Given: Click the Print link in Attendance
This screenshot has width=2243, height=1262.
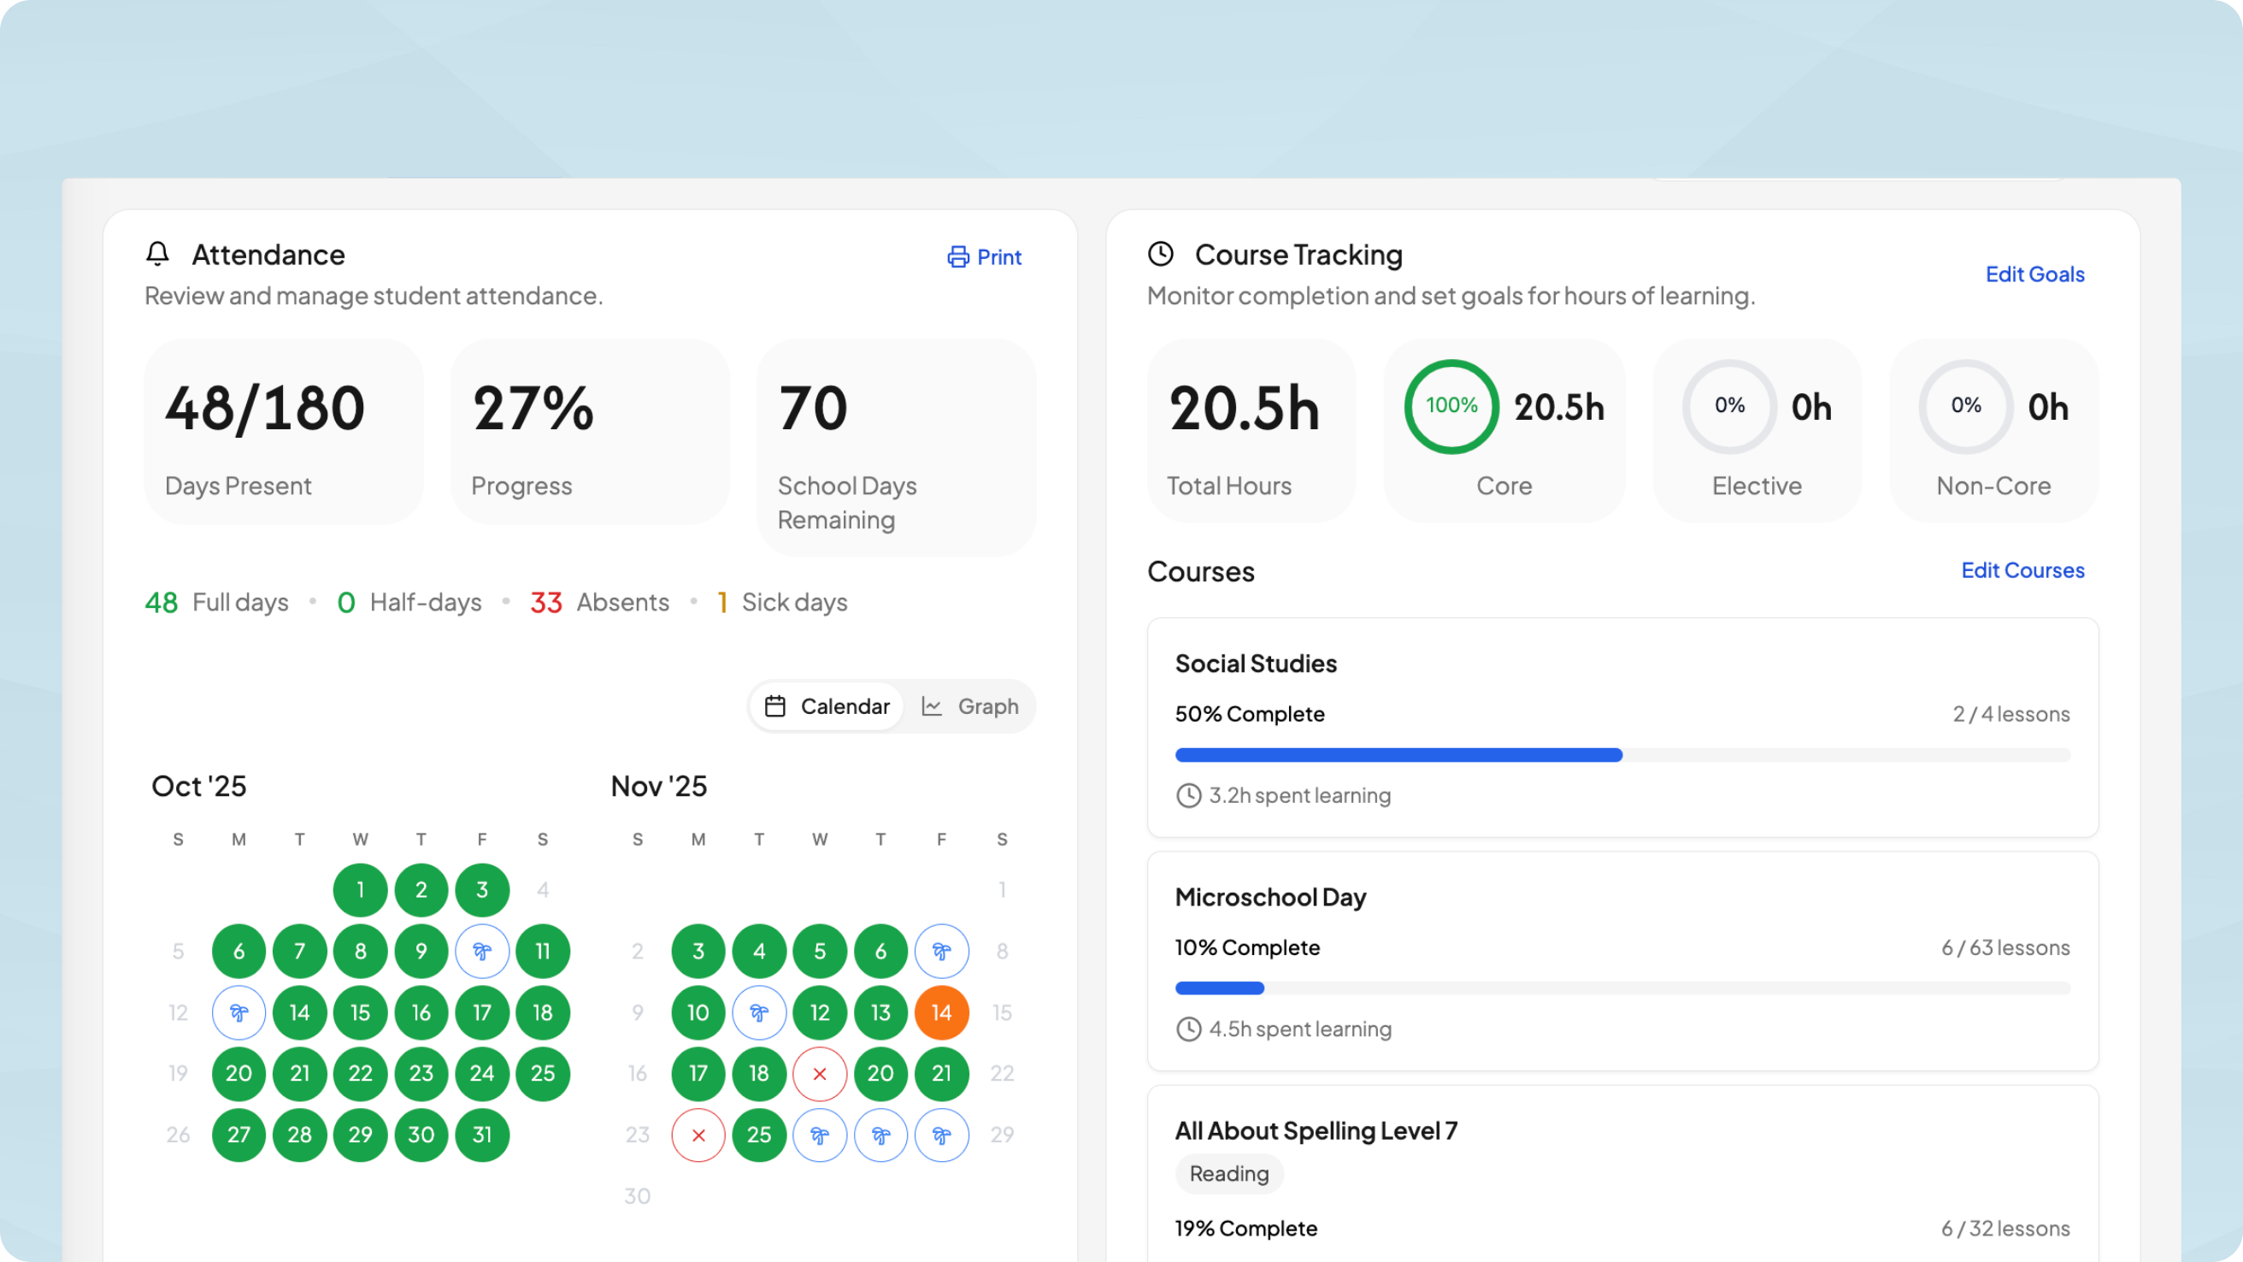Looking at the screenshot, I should [985, 257].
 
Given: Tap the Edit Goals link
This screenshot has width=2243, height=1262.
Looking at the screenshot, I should [2034, 274].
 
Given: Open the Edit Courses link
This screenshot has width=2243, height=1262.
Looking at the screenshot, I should [2022, 570].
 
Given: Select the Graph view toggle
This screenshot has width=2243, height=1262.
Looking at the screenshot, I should [970, 706].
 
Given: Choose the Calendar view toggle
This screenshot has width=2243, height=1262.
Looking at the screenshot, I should [827, 706].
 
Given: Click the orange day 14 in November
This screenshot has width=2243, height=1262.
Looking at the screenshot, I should [941, 1012].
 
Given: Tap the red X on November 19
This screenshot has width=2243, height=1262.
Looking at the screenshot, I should [820, 1073].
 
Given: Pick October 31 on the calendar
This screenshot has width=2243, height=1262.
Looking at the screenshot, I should [481, 1134].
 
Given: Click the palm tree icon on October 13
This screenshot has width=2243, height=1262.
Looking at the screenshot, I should [238, 1012].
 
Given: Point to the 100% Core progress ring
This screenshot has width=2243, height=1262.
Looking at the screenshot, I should [1451, 406].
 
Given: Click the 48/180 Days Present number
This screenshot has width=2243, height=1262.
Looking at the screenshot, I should [265, 409].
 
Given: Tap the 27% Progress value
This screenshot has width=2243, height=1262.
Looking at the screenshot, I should [533, 409].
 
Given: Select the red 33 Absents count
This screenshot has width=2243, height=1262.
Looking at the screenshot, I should [546, 603].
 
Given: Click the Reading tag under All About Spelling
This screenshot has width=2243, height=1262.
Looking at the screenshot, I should [1228, 1173].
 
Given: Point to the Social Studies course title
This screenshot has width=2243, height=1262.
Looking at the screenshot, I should [1256, 663].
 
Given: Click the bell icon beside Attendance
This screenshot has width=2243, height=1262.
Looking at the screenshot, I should [157, 253].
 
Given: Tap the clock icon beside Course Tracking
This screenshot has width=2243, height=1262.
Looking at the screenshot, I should [1161, 253].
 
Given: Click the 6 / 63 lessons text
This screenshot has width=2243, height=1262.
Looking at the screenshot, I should [2005, 947].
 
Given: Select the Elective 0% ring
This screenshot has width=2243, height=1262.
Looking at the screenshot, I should [1729, 406].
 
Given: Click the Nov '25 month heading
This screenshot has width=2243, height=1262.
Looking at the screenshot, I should [658, 786].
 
